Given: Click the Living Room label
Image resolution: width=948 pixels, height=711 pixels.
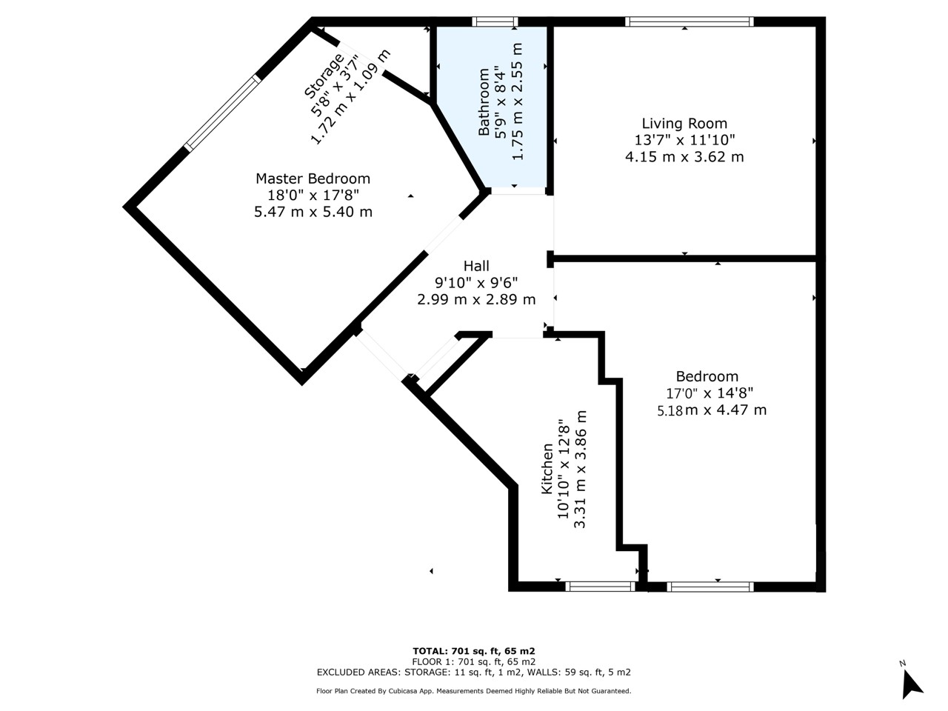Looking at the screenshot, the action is tap(684, 124).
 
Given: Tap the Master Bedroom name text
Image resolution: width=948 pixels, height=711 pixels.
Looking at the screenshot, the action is tap(313, 178).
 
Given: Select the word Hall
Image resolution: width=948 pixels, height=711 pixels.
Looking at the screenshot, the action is tap(476, 265).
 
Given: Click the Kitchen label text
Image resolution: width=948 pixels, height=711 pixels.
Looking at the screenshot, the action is tap(547, 468).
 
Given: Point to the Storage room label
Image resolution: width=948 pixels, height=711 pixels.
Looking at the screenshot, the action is tap(324, 76).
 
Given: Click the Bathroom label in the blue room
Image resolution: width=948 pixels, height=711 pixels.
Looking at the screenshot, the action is tap(484, 102).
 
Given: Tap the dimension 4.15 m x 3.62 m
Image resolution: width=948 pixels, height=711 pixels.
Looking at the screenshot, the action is tap(684, 156).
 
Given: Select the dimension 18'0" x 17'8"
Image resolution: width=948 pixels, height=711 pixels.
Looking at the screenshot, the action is tap(313, 195).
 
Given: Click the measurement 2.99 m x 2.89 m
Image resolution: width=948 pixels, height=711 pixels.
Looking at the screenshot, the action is tap(476, 299).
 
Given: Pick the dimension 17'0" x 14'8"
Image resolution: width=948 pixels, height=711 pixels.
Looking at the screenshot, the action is tap(710, 393).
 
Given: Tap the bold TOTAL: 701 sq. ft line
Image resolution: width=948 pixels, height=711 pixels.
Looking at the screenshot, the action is tap(474, 651).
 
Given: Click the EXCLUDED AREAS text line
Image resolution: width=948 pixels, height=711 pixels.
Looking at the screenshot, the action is tap(474, 672).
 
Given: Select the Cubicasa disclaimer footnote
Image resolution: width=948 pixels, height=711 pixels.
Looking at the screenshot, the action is tap(474, 691).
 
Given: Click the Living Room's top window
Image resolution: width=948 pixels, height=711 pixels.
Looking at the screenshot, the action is tap(690, 21).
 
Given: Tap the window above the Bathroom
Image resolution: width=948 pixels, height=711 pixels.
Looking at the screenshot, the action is tap(495, 21).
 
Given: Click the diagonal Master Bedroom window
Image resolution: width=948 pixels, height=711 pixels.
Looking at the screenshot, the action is tap(222, 113).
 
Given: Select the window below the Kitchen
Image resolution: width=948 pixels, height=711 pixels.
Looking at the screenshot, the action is tap(601, 587).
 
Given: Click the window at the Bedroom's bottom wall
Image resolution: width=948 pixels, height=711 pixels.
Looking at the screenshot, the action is tap(710, 587).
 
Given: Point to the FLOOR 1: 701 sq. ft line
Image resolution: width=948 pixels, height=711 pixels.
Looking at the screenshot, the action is tap(474, 662).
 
